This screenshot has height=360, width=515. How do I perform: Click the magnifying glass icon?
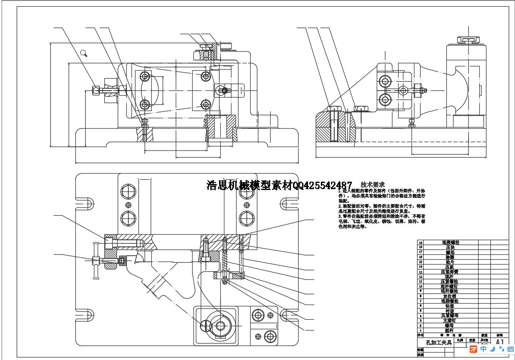pyautogui.click(x=84, y=53)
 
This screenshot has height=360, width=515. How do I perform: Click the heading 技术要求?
pyautogui.click(x=372, y=185)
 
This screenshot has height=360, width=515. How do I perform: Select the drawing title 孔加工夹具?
pyautogui.click(x=436, y=343)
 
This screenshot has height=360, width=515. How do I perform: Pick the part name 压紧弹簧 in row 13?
pyautogui.click(x=451, y=272)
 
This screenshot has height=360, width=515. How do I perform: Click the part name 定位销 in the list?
pyautogui.click(x=451, y=296)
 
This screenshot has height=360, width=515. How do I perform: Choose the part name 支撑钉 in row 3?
pyautogui.click(x=451, y=321)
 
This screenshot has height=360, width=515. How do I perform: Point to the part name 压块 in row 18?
pyautogui.click(x=451, y=247)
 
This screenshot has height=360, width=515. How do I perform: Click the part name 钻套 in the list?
pyautogui.click(x=451, y=306)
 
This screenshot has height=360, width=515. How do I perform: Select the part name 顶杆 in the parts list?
pyautogui.click(x=451, y=276)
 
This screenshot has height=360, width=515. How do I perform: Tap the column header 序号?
pyautogui.click(x=420, y=335)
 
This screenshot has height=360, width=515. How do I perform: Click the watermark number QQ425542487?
pyautogui.click(x=323, y=185)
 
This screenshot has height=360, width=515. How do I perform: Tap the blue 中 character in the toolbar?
pyautogui.click(x=483, y=349)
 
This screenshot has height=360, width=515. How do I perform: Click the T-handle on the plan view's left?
pyautogui.click(x=96, y=261)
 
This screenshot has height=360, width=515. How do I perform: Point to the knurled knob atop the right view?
pyautogui.click(x=466, y=40)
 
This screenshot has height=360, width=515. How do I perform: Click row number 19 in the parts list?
pyautogui.click(x=420, y=242)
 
